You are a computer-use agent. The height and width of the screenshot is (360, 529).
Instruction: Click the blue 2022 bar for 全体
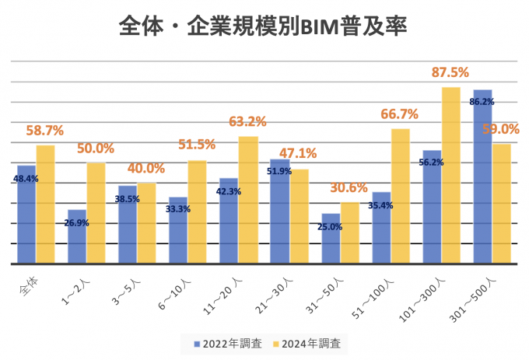(x=26, y=214)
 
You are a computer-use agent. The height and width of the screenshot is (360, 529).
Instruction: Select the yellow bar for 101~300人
(x=451, y=175)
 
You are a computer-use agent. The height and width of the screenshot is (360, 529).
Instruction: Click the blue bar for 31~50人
(x=331, y=238)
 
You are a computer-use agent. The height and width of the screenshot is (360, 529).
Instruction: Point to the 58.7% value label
(x=44, y=131)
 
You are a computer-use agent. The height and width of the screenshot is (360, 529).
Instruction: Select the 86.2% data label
(x=482, y=102)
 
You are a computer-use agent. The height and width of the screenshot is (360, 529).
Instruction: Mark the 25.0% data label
(x=331, y=227)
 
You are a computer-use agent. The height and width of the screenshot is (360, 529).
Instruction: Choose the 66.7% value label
(x=399, y=114)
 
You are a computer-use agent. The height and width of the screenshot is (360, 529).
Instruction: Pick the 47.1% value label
(x=298, y=153)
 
